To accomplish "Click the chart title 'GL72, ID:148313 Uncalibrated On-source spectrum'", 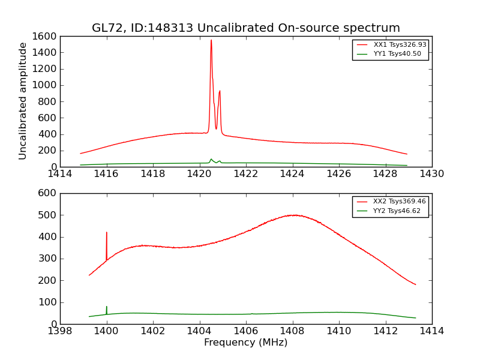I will pos(245,28).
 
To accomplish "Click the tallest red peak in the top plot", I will pos(211,41).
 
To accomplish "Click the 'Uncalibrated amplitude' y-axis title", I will pos(23,101).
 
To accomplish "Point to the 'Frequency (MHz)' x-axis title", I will pos(245,343).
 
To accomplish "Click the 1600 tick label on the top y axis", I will pos(45,37).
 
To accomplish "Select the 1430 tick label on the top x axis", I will pos(431,174).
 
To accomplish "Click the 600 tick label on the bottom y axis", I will pos(49,193).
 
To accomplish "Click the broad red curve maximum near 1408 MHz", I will pos(293,215).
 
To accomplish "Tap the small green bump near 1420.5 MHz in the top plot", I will pos(211,159).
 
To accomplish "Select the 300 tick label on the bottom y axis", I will pos(49,259).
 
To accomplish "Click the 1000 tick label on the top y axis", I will pos(45,85).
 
